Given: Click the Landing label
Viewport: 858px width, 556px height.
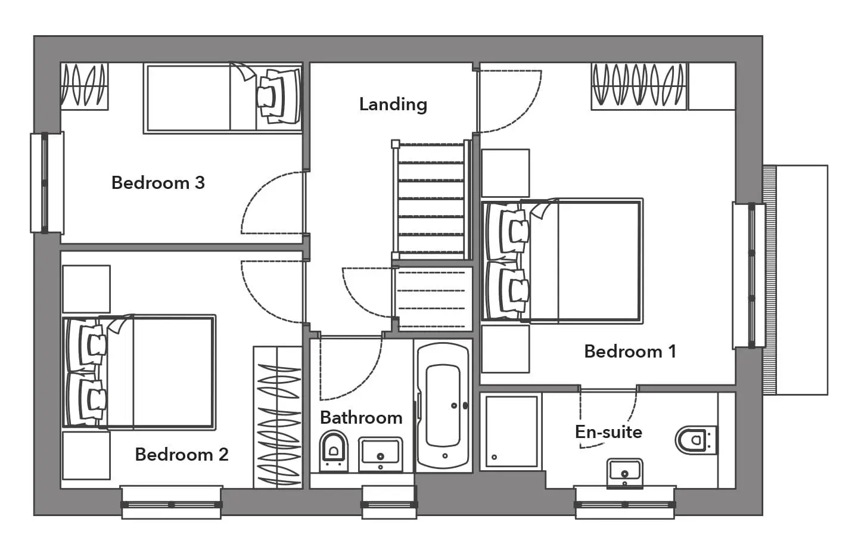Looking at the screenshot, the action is point(393,105).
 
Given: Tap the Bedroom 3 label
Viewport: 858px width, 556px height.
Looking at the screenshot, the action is point(158,183).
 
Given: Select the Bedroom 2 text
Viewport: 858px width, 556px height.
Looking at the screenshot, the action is point(182,455).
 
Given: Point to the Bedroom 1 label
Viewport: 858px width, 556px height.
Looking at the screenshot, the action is point(630,352).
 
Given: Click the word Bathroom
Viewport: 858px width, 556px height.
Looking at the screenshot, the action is point(361,418).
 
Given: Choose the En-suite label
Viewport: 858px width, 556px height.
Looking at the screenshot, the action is point(609,432).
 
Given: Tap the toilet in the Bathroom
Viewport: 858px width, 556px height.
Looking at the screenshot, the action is point(333,451).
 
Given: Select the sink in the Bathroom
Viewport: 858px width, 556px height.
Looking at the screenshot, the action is point(380,455).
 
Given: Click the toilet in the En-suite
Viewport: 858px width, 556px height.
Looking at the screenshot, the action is point(696,440).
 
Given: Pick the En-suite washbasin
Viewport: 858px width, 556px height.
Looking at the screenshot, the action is point(624,474).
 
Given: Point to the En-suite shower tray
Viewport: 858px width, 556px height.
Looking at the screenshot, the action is point(511,431).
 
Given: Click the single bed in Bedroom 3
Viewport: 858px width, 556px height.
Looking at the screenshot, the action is point(223,98).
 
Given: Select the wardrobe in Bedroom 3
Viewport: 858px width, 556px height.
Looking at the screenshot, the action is point(84,86).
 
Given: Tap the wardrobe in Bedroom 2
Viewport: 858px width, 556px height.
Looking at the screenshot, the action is point(278,418).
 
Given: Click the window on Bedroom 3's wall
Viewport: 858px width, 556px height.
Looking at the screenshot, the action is point(46,183).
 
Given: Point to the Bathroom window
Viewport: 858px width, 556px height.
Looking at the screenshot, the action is point(389,503).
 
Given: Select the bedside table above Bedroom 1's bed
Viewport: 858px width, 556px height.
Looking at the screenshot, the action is point(505,173).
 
